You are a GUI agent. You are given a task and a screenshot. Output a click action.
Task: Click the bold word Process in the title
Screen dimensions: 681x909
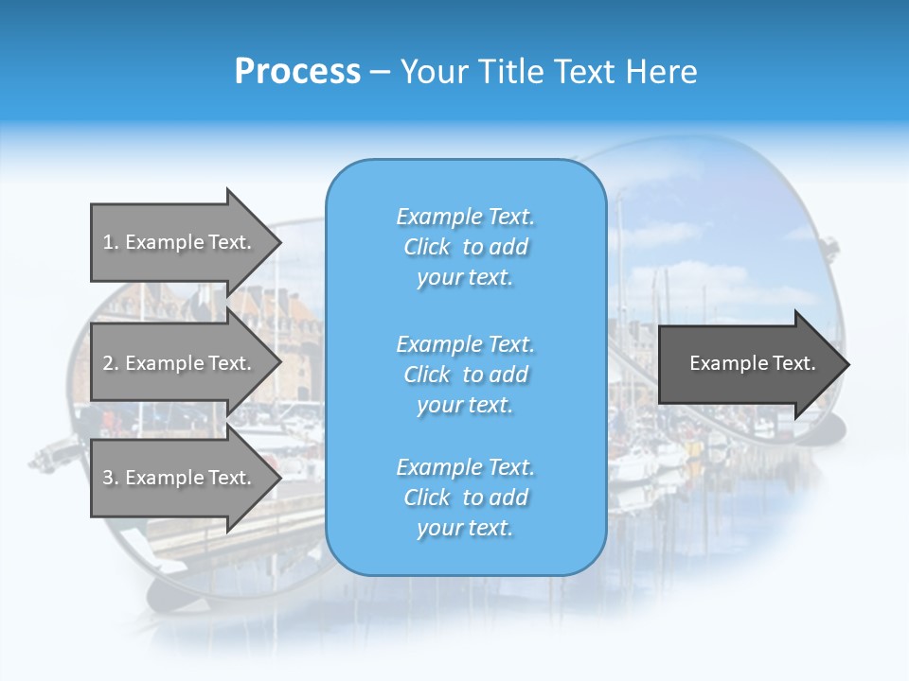pos(297,72)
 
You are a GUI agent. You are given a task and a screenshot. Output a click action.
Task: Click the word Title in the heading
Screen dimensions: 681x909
pos(512,72)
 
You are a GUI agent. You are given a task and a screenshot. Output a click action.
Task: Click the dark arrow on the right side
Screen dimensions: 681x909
pos(748,364)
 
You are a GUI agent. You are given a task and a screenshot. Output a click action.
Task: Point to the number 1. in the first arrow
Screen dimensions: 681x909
pos(111,242)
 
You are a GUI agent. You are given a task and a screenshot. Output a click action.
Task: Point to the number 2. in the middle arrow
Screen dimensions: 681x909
pos(111,363)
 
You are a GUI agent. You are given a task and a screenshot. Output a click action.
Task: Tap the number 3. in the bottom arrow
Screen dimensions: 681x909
pos(111,478)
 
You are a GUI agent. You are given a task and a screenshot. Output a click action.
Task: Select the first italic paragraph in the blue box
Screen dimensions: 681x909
pos(465,247)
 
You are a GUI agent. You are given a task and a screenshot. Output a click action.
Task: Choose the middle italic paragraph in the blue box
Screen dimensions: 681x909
pos(465,375)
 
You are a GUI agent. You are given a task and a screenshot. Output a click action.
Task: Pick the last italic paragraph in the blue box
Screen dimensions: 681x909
pos(465,498)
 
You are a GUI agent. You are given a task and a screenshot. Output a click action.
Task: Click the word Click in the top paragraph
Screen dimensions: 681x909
pos(427,247)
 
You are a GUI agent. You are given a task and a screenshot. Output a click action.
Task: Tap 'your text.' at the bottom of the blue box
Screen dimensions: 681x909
pos(465,529)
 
